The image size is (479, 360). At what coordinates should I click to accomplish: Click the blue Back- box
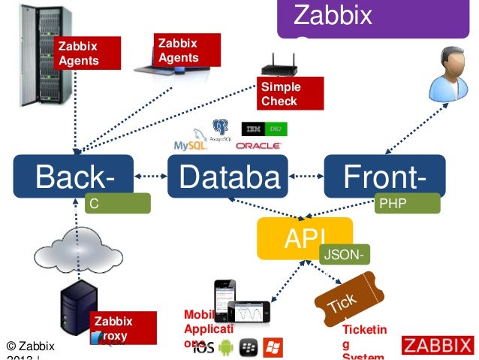pos(74,177)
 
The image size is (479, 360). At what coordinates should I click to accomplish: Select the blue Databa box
pos(227,177)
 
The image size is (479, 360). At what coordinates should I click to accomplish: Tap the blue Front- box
pos(384,177)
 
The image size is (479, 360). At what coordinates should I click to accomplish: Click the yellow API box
pos(304,237)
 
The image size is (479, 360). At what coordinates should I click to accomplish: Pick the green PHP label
pos(406,203)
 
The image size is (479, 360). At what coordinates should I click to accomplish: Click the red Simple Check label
pos(290,94)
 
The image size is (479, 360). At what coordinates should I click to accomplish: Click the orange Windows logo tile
pos(273,347)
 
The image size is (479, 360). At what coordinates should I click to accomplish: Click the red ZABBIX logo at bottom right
pos(438,346)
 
